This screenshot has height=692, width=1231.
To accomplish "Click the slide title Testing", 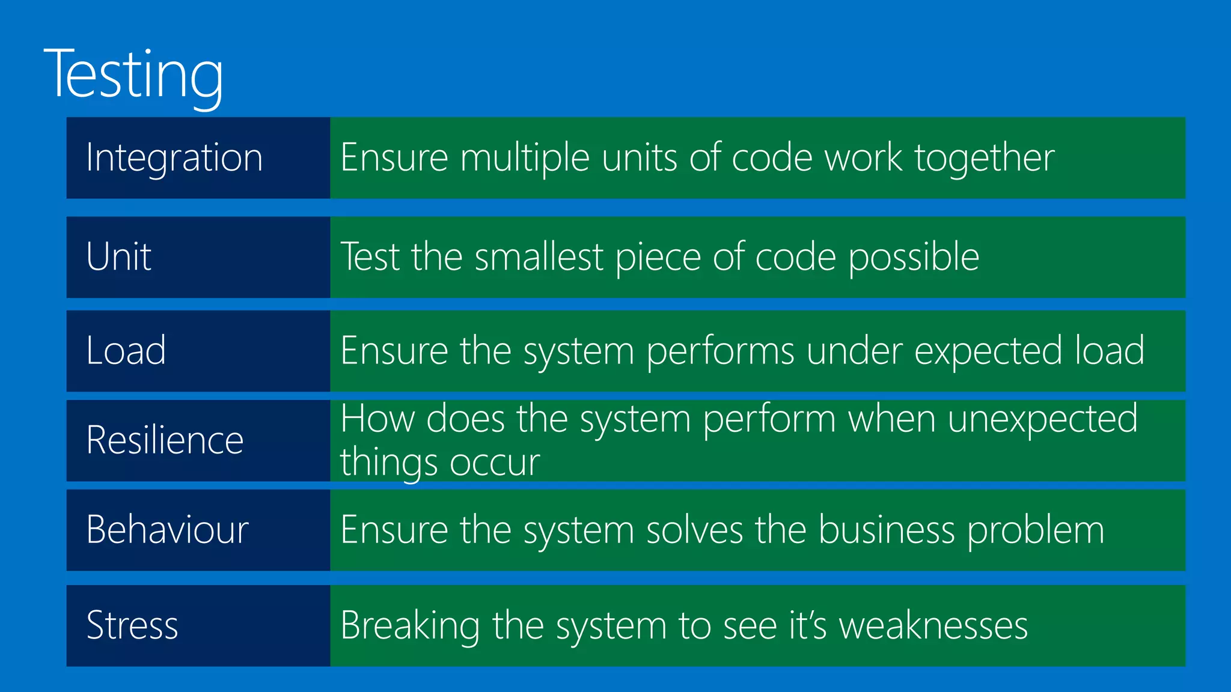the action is tap(133, 74).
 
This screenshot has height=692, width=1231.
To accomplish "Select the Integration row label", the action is tap(174, 158).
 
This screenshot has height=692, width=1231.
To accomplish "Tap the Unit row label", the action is tap(118, 256).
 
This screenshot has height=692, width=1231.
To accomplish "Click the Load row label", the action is tap(126, 350).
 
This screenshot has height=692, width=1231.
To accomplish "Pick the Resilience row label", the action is tap(165, 440).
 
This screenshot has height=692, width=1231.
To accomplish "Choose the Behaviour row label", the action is tap(167, 530).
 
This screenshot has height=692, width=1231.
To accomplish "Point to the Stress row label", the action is tap(132, 625).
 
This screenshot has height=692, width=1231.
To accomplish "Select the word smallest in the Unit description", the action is tap(539, 257).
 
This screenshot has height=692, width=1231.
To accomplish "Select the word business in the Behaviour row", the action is tap(886, 530).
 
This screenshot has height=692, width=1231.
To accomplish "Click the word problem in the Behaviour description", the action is tap(1036, 530).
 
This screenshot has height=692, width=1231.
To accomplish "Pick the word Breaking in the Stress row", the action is tap(410, 626).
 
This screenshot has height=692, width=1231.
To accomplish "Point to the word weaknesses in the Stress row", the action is tap(933, 626).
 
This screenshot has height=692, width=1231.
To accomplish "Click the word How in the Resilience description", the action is tap(377, 419).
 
